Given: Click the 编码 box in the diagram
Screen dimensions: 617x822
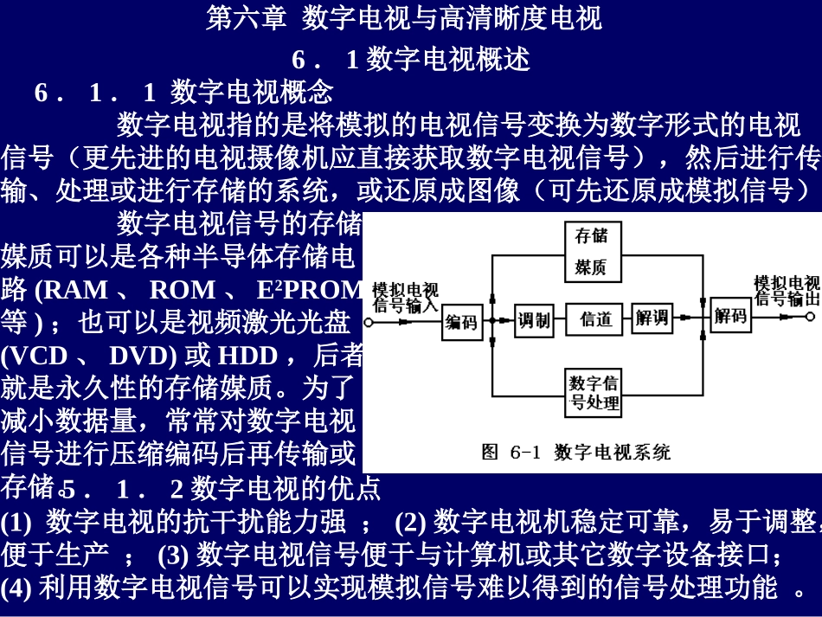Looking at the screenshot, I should (461, 321).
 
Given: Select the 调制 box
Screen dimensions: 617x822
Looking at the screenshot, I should (533, 320).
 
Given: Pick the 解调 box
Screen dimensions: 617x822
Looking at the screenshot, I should (652, 318).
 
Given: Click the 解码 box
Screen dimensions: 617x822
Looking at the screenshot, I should (730, 316).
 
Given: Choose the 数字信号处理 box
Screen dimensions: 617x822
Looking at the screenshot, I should (594, 392).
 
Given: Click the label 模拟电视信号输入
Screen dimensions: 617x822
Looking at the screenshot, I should (405, 297).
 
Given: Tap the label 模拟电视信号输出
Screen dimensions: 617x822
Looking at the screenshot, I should (786, 291).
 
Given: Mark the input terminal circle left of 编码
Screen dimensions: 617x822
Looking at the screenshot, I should (369, 322).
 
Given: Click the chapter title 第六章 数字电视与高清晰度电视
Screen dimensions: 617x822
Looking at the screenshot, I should (403, 17).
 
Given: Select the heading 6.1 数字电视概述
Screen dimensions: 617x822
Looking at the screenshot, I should (410, 59).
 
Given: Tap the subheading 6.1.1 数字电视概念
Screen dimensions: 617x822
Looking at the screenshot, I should (183, 92).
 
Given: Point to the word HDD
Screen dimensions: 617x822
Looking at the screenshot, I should (247, 356).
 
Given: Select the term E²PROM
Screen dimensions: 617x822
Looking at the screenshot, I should (308, 289).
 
